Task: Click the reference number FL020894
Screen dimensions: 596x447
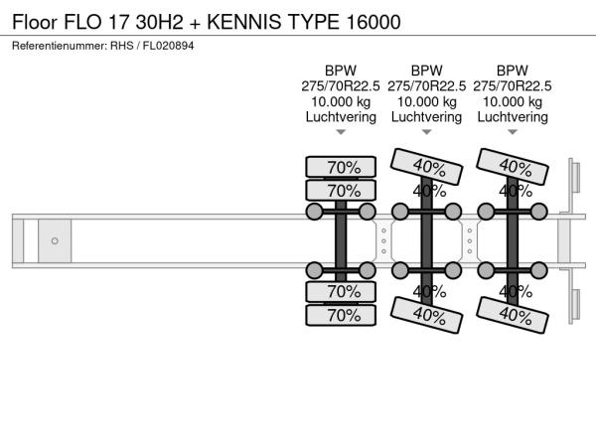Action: [168, 46]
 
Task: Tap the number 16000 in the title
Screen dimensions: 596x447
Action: [373, 22]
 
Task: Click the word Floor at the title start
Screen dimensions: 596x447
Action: [35, 22]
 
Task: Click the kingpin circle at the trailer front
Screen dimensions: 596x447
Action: [55, 241]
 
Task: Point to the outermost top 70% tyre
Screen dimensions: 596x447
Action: [341, 167]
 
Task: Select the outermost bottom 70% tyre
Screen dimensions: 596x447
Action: [341, 315]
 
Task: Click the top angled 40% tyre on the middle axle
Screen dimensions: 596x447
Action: [426, 167]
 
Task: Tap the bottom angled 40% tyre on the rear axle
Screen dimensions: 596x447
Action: [513, 315]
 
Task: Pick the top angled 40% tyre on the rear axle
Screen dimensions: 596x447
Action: [513, 167]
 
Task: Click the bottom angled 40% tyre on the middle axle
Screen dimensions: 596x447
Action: [426, 315]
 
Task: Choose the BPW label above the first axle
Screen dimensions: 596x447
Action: [341, 71]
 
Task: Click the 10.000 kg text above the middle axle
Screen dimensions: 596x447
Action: [426, 102]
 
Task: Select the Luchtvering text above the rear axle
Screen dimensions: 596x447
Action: [513, 117]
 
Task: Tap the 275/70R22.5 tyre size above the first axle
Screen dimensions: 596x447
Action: [341, 86]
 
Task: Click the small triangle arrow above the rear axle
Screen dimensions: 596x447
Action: [513, 132]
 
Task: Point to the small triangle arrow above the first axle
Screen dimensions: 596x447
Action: [341, 132]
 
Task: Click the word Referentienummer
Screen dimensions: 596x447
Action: [60, 46]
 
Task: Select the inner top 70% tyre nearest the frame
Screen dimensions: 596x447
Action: [341, 191]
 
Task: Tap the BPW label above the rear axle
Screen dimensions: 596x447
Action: [513, 71]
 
